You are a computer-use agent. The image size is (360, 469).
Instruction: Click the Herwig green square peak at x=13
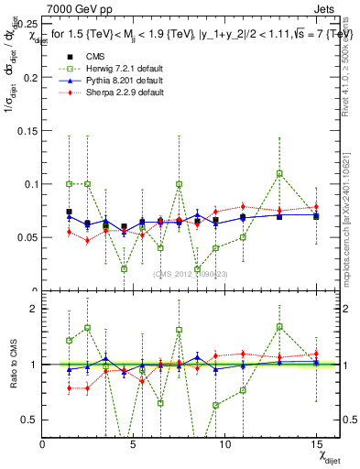coord(279,173)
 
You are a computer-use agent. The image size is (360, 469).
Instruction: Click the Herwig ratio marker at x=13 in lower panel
coord(279,326)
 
